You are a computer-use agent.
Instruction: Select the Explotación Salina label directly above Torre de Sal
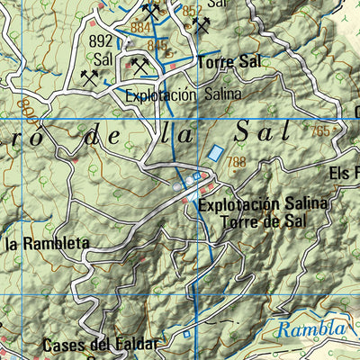click(264, 204)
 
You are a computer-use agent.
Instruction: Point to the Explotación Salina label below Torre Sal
click(184, 94)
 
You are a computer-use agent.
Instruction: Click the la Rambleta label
click(47, 243)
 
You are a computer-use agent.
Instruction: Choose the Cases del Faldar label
click(99, 345)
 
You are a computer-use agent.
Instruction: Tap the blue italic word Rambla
click(310, 329)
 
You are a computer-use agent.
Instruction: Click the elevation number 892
click(101, 40)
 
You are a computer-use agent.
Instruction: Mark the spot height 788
click(237, 163)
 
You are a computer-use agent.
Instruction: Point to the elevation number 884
click(140, 27)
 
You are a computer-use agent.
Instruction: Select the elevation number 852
click(193, 11)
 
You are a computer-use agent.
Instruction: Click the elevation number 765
click(320, 131)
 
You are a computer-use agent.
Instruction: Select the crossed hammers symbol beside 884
click(153, 12)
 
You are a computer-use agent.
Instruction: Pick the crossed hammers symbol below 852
click(201, 24)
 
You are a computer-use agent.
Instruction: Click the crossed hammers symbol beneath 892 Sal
click(89, 77)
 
